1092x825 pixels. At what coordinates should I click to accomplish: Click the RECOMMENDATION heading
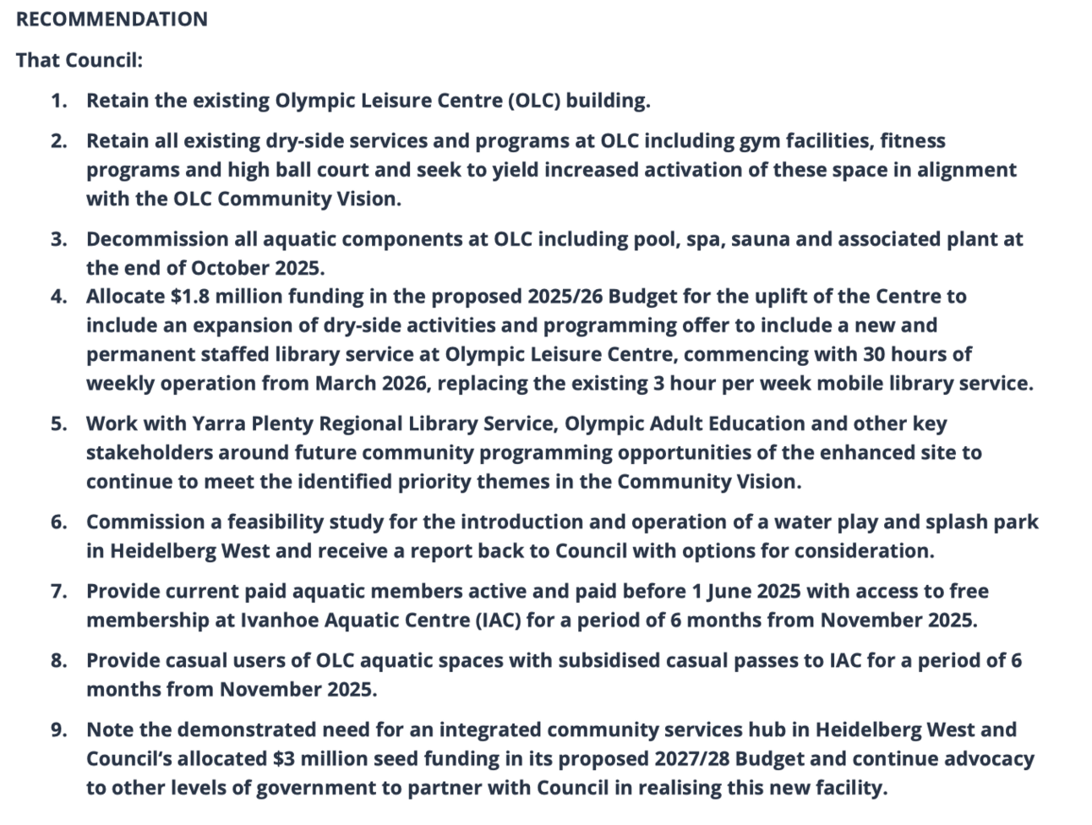112,19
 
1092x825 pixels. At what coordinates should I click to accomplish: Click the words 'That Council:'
79,60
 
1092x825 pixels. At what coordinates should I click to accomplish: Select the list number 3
58,239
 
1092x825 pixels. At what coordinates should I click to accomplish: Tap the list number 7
58,591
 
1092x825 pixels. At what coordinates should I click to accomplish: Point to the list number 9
58,729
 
